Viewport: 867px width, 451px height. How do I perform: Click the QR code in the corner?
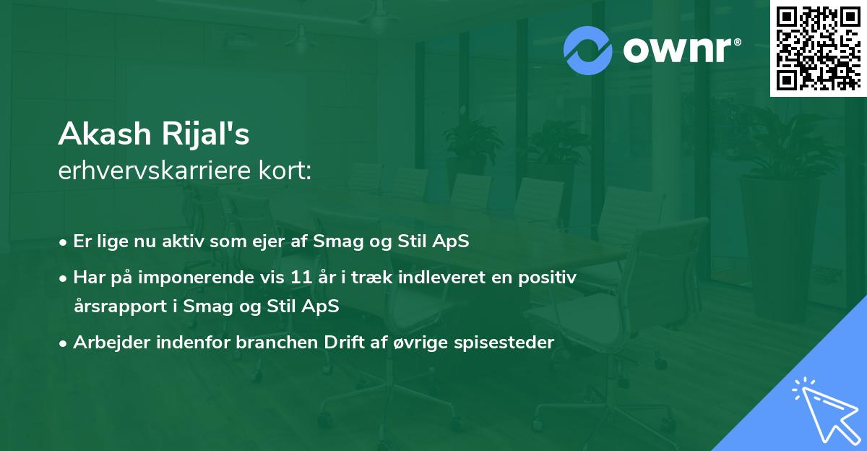click(818, 48)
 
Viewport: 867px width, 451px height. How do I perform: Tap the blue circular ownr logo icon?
click(588, 50)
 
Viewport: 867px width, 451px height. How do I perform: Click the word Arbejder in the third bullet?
click(105, 343)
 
